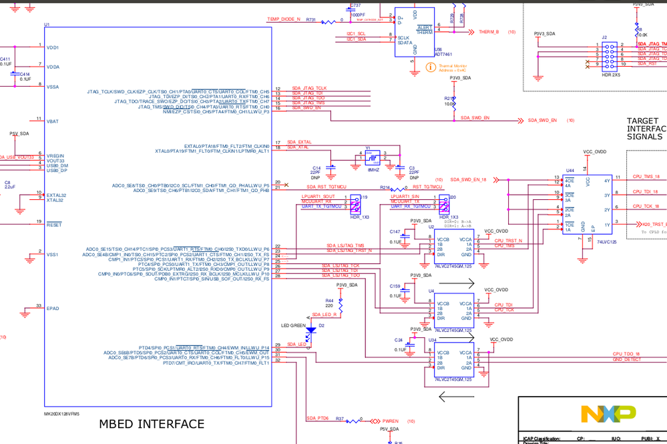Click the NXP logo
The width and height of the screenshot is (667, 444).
608,414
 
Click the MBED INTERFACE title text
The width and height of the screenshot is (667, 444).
152,424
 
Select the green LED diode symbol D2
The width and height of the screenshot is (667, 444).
310,329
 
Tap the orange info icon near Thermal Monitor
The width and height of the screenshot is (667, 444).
431,67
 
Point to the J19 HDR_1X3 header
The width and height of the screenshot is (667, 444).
355,202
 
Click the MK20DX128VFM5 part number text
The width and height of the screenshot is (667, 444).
61,413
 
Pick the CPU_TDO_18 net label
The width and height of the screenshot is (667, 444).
626,354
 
